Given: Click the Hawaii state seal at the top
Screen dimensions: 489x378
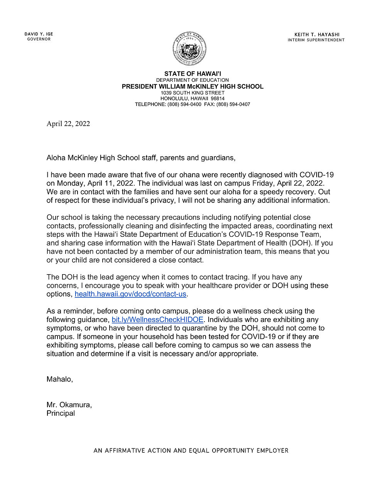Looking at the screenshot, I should point(189,49).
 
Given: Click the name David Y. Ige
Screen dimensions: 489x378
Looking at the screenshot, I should point(39,34).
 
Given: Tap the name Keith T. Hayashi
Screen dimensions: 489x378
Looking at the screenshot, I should point(317,34).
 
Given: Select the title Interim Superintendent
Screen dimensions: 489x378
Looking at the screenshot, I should point(316,40).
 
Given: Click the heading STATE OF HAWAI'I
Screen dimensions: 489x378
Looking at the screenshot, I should point(192,74).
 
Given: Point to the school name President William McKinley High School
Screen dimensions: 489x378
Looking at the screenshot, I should point(192,86).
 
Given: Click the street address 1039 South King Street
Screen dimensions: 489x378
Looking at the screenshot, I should point(192,93).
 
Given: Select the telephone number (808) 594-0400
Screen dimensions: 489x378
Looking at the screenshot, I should point(184,104).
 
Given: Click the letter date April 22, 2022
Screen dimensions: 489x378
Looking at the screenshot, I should point(68,123).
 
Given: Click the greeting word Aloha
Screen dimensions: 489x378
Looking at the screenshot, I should point(56,158).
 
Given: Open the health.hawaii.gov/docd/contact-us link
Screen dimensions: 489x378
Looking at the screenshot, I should point(130,294).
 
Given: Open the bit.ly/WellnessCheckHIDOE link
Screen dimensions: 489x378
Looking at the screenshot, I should point(157,319).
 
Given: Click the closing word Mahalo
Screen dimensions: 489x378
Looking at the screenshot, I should point(59,379).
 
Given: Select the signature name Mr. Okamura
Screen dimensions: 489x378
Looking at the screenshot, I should point(69,405).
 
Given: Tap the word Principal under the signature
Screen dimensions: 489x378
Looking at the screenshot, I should point(61,413).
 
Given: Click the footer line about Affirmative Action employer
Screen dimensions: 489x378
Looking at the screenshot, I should point(191,450).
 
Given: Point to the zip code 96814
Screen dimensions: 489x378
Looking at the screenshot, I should point(218,98).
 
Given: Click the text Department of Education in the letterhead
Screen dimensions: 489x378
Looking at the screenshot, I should point(192,80).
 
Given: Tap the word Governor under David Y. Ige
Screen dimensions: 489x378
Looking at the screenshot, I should point(39,39).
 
